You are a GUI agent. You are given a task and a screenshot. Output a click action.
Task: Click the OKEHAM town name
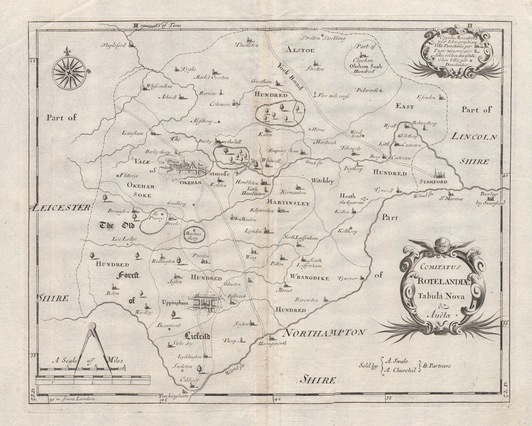[x=190, y=182]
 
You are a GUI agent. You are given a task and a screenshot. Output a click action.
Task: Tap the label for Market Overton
[x=212, y=77]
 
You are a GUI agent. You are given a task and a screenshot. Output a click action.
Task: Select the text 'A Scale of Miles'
[x=87, y=362]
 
